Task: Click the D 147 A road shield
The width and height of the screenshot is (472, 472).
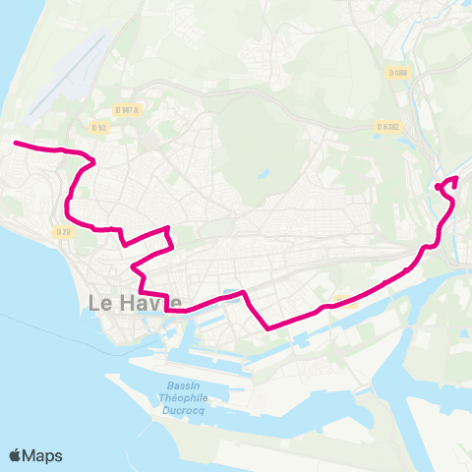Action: click(127, 110)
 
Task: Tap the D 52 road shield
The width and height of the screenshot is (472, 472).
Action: click(98, 127)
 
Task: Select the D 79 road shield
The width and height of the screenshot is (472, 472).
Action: click(64, 232)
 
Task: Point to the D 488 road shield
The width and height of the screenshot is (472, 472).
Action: click(397, 72)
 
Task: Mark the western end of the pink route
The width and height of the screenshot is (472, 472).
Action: click(15, 145)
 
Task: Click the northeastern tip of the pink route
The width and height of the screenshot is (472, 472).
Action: click(456, 178)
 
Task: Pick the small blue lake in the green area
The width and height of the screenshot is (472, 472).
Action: click(264, 176)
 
